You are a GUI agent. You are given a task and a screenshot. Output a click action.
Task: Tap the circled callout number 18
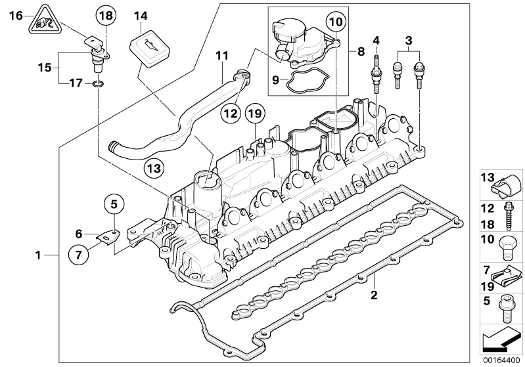tap(106, 16)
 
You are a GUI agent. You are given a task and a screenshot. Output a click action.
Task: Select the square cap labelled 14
tap(149, 46)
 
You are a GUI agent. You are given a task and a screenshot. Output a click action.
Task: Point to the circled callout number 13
tap(154, 168)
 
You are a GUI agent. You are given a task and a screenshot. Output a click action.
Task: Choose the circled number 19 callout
tap(255, 114)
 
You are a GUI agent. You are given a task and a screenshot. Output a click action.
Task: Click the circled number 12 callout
tap(231, 114)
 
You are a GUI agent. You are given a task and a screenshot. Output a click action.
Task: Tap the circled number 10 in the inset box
tap(336, 22)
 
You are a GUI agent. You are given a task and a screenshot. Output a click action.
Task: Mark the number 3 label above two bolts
tap(409, 41)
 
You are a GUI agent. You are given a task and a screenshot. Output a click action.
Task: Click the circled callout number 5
tap(114, 204)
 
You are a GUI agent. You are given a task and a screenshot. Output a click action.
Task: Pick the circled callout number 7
tap(78, 255)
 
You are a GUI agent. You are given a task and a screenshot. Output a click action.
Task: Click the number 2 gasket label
tap(374, 295)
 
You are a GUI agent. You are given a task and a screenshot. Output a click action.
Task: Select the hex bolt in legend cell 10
tap(508, 248)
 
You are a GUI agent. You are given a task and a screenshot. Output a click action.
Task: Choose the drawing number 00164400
tap(501, 360)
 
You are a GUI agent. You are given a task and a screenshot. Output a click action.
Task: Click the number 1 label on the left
tap(38, 255)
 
